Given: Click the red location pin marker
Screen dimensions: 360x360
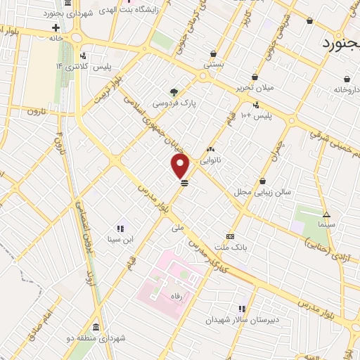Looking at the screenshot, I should (181, 166).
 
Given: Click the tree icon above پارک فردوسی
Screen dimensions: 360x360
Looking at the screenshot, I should (174, 91).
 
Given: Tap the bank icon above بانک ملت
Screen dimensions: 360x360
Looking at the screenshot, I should (230, 236).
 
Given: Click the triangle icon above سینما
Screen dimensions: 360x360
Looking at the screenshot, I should (326, 214).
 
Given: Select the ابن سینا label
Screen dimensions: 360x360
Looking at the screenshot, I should (119, 240).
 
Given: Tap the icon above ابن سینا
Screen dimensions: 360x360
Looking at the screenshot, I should (120, 229).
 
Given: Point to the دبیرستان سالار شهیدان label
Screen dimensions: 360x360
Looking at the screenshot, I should (233, 319).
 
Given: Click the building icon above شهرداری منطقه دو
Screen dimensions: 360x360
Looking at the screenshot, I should (95, 328).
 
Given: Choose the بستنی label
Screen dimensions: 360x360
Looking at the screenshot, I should (213, 63).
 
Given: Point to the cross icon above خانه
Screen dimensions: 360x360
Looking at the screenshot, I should (56, 28).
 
